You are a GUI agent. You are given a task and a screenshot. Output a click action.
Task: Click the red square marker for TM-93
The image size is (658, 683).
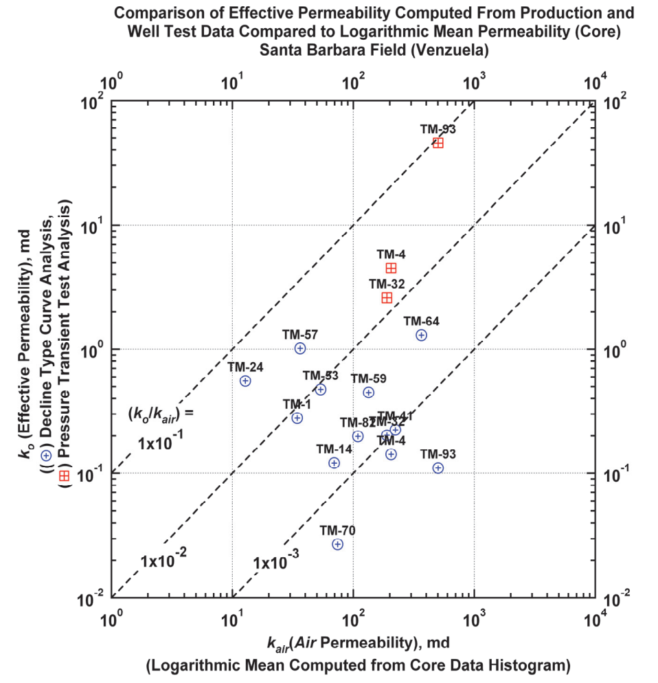click(x=438, y=143)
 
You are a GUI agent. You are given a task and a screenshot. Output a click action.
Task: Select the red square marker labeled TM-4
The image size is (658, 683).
click(x=392, y=268)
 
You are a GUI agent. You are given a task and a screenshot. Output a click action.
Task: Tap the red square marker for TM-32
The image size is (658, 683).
click(x=387, y=298)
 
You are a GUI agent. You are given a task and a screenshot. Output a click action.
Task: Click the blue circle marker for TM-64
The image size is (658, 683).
click(x=422, y=335)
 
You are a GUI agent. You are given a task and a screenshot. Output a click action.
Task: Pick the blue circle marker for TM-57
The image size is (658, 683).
click(x=300, y=348)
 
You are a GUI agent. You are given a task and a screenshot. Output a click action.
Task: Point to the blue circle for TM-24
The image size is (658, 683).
click(x=246, y=381)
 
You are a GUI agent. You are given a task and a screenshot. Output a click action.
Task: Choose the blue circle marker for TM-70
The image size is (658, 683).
click(x=337, y=544)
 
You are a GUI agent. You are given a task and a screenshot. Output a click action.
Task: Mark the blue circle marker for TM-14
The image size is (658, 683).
click(x=334, y=462)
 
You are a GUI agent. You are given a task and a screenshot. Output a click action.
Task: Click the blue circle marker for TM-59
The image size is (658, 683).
click(x=369, y=392)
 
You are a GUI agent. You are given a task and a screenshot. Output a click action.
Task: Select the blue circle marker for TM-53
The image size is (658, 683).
click(x=321, y=390)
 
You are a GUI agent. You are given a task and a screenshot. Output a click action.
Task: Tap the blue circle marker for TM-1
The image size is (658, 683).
click(x=297, y=418)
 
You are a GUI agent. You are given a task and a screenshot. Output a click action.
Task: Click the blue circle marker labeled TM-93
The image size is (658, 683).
click(x=438, y=468)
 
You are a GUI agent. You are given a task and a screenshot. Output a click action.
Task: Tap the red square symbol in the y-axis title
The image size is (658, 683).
click(x=64, y=475)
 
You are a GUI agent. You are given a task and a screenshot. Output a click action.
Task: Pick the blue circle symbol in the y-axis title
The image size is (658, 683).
click(x=46, y=455)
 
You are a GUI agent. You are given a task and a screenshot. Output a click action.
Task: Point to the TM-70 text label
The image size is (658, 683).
click(x=337, y=530)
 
